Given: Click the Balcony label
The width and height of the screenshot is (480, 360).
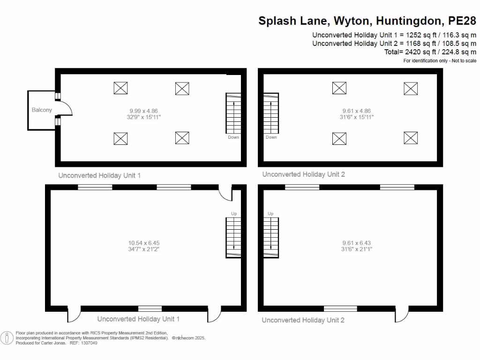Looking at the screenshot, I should point(42,110).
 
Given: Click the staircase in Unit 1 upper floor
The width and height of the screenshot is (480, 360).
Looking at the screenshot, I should point(233,113).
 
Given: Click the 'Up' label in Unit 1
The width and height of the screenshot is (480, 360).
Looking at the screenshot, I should point(233,214).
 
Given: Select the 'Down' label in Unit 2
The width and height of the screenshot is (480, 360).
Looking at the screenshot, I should point(271,137).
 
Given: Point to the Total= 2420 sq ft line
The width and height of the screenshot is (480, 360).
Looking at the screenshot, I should point(430,52).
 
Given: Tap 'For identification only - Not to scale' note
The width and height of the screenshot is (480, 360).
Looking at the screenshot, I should point(440,61).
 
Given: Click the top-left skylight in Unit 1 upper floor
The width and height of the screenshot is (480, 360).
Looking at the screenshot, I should point(120,88).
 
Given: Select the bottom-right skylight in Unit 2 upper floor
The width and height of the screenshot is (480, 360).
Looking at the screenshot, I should point(411,138).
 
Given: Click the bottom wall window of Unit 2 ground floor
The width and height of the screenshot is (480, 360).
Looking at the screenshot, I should point(340,308).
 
